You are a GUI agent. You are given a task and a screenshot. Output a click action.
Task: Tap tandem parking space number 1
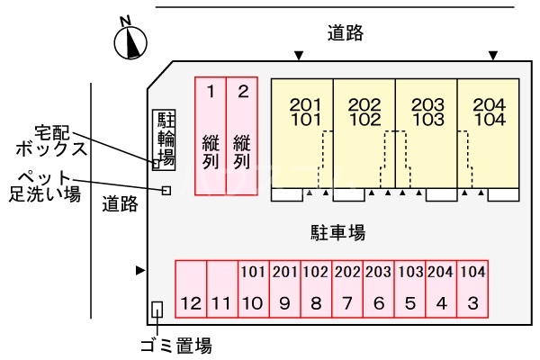(x=211, y=135)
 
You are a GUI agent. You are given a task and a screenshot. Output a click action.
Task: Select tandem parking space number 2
(x=242, y=135)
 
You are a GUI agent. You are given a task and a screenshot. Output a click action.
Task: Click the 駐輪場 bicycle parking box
(x=166, y=140)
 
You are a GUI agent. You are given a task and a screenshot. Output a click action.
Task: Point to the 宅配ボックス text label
(x=55, y=139)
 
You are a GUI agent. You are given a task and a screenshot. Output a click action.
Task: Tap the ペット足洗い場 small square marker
(x=166, y=190)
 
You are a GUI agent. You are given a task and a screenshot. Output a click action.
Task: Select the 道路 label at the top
(x=346, y=33)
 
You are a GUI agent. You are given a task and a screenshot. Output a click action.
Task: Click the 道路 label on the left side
(x=120, y=203)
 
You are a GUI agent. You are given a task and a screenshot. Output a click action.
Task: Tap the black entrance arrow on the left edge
(x=139, y=270)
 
